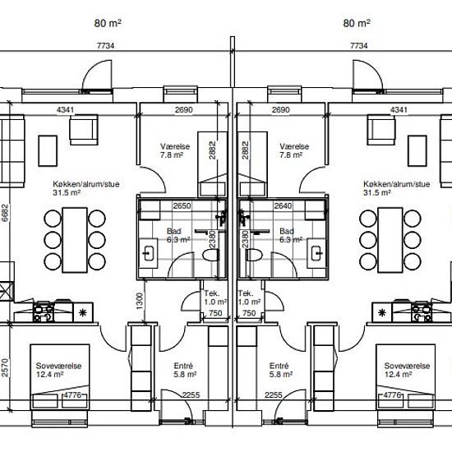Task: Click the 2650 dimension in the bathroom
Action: [x=182, y=205]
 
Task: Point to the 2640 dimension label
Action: [x=283, y=205]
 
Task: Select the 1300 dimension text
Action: [x=140, y=301]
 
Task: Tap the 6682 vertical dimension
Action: [x=5, y=213]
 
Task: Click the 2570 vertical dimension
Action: [x=5, y=368]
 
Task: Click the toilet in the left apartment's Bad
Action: [x=210, y=255]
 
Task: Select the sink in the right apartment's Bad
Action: [x=316, y=253]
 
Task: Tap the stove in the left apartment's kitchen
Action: [x=44, y=312]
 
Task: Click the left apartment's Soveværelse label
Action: [x=58, y=366]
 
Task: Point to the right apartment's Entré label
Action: [x=279, y=366]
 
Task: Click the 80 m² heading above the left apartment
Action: [x=108, y=23]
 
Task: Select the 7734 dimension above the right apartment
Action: [x=359, y=45]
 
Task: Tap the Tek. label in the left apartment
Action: [x=211, y=293]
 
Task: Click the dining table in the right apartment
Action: [x=390, y=240]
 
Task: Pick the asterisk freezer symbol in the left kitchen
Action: [x=83, y=312]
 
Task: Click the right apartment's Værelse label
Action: [x=294, y=146]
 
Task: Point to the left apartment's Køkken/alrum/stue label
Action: [x=86, y=184]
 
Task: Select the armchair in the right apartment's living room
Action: [x=381, y=130]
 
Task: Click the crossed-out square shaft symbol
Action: [x=7, y=291]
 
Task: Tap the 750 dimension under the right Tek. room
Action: [x=249, y=313]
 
